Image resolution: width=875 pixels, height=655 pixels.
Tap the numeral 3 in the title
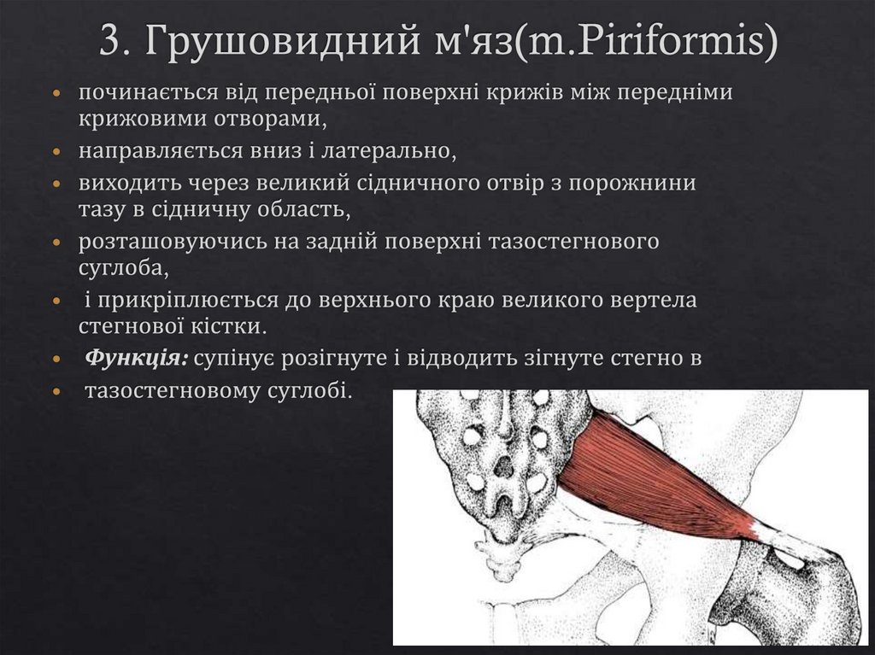coord(109,42)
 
